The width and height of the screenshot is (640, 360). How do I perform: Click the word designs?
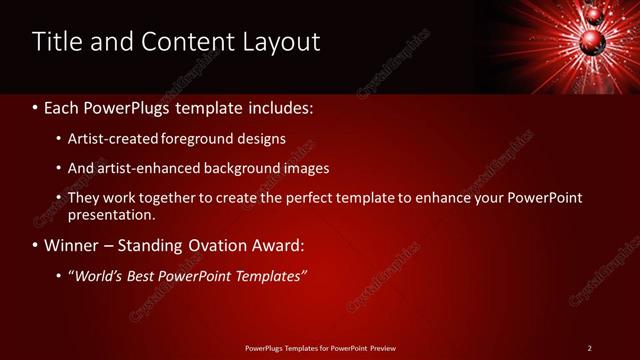[x=263, y=138]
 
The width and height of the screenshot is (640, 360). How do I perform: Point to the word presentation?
[x=111, y=214]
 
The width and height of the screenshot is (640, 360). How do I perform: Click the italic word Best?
[x=142, y=276]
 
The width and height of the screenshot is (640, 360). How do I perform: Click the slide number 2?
[x=589, y=348]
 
